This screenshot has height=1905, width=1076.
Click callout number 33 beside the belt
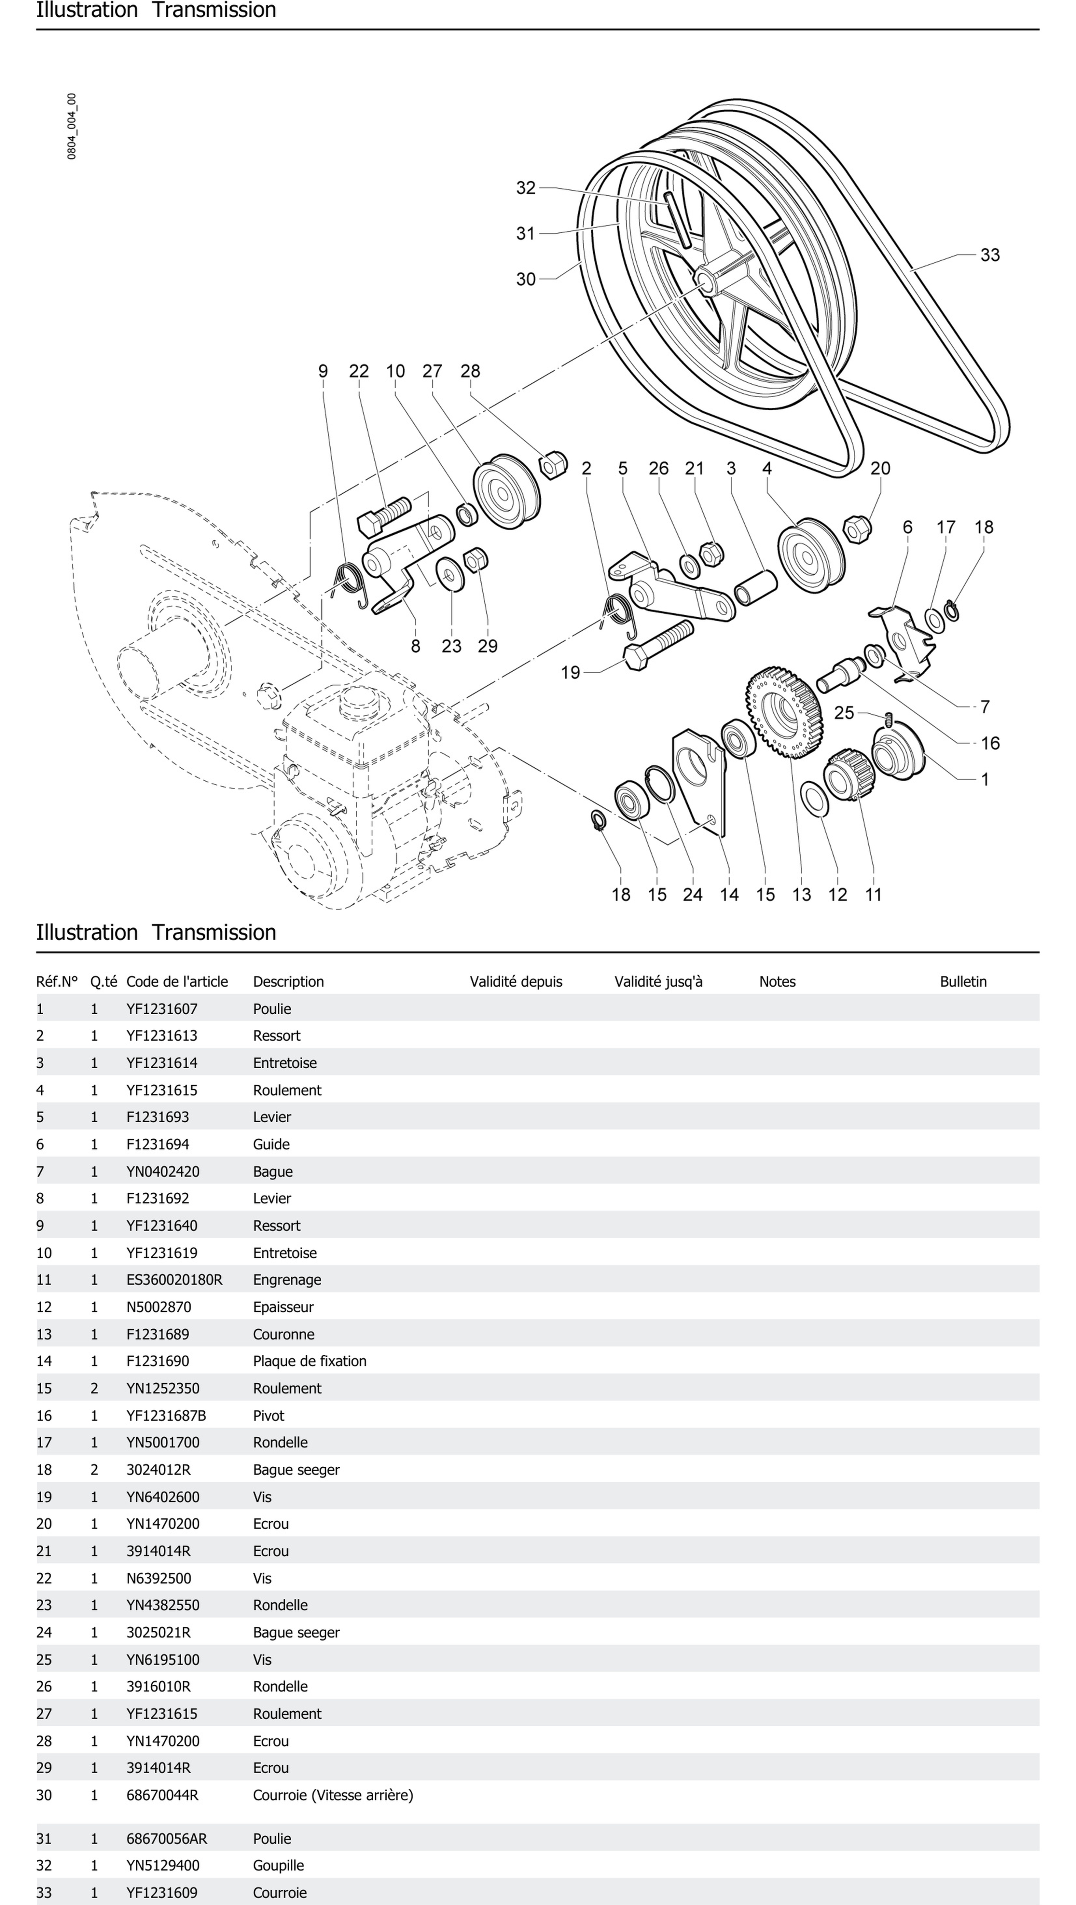coord(989,255)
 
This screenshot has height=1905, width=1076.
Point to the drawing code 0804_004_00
coord(72,126)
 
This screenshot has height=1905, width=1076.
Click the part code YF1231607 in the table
coord(162,1009)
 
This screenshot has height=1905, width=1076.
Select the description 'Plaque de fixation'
coord(309,1361)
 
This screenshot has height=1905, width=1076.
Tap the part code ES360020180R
coord(174,1279)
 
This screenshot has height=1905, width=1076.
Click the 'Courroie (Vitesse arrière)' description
coord(333,1795)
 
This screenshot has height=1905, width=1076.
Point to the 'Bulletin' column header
coord(963,981)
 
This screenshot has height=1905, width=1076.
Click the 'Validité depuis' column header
coord(516,981)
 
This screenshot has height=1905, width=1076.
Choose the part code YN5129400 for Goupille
coord(163,1865)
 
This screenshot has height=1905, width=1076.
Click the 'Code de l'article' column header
coord(177,981)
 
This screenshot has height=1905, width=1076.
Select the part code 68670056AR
coord(166,1838)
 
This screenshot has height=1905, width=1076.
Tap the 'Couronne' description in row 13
coord(283,1334)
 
